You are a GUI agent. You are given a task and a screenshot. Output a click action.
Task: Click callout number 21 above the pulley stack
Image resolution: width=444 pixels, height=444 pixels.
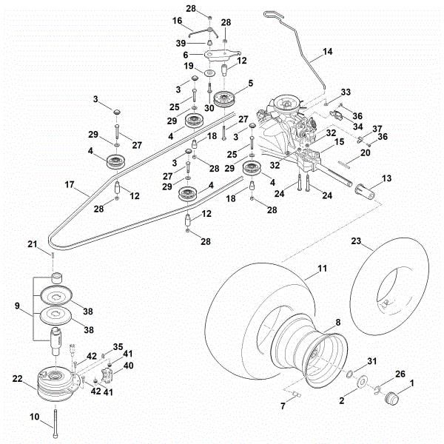52,244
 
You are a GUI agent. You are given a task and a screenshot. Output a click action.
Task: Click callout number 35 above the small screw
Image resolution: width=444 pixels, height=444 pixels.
118,347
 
